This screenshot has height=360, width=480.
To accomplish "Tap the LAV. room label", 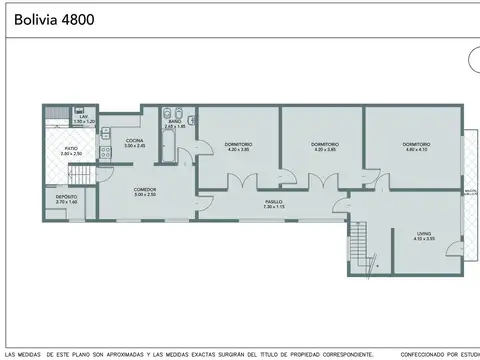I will coord(85,116).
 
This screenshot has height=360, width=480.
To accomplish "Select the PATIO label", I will coord(71,148).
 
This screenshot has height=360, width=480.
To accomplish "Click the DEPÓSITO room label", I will coord(67,197).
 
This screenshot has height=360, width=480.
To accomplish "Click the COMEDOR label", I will coord(145,189).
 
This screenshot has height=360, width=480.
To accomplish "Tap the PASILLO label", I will coord(274,201).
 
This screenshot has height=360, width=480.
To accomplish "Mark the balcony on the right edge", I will coord(468,190).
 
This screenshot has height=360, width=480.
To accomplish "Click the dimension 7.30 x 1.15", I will coord(274,207).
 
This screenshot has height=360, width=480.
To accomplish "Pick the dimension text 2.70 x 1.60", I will coord(67,203).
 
